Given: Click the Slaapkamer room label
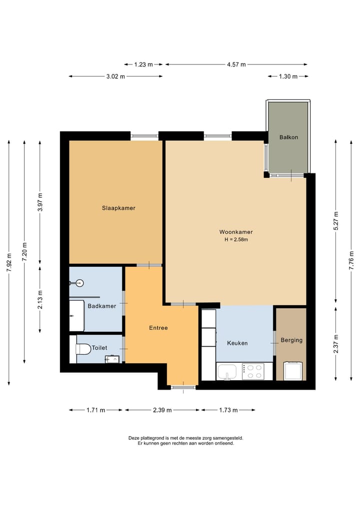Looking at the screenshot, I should [x=118, y=208].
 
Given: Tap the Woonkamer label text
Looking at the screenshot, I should [x=236, y=232].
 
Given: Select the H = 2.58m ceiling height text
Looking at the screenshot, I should [x=236, y=240].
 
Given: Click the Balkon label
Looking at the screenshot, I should [x=288, y=137].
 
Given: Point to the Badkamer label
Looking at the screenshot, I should [x=101, y=306].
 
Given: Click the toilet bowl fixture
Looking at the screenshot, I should [x=83, y=348].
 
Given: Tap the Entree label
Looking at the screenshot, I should [x=158, y=328].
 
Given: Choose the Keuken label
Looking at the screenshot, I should [x=237, y=343].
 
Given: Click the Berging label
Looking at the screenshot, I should [x=291, y=340].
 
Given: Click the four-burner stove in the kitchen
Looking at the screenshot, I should [x=253, y=371].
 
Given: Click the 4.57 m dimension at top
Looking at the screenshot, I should [x=236, y=64].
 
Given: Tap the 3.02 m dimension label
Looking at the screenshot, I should [x=115, y=76].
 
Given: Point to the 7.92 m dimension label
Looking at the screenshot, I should [x=8, y=263].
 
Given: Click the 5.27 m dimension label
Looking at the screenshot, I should [x=336, y=221].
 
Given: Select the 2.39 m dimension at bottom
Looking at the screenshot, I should [x=162, y=410].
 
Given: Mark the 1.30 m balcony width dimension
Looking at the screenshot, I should [x=287, y=76].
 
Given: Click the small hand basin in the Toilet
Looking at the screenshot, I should [x=112, y=359].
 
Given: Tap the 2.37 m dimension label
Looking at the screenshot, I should [x=336, y=343].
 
